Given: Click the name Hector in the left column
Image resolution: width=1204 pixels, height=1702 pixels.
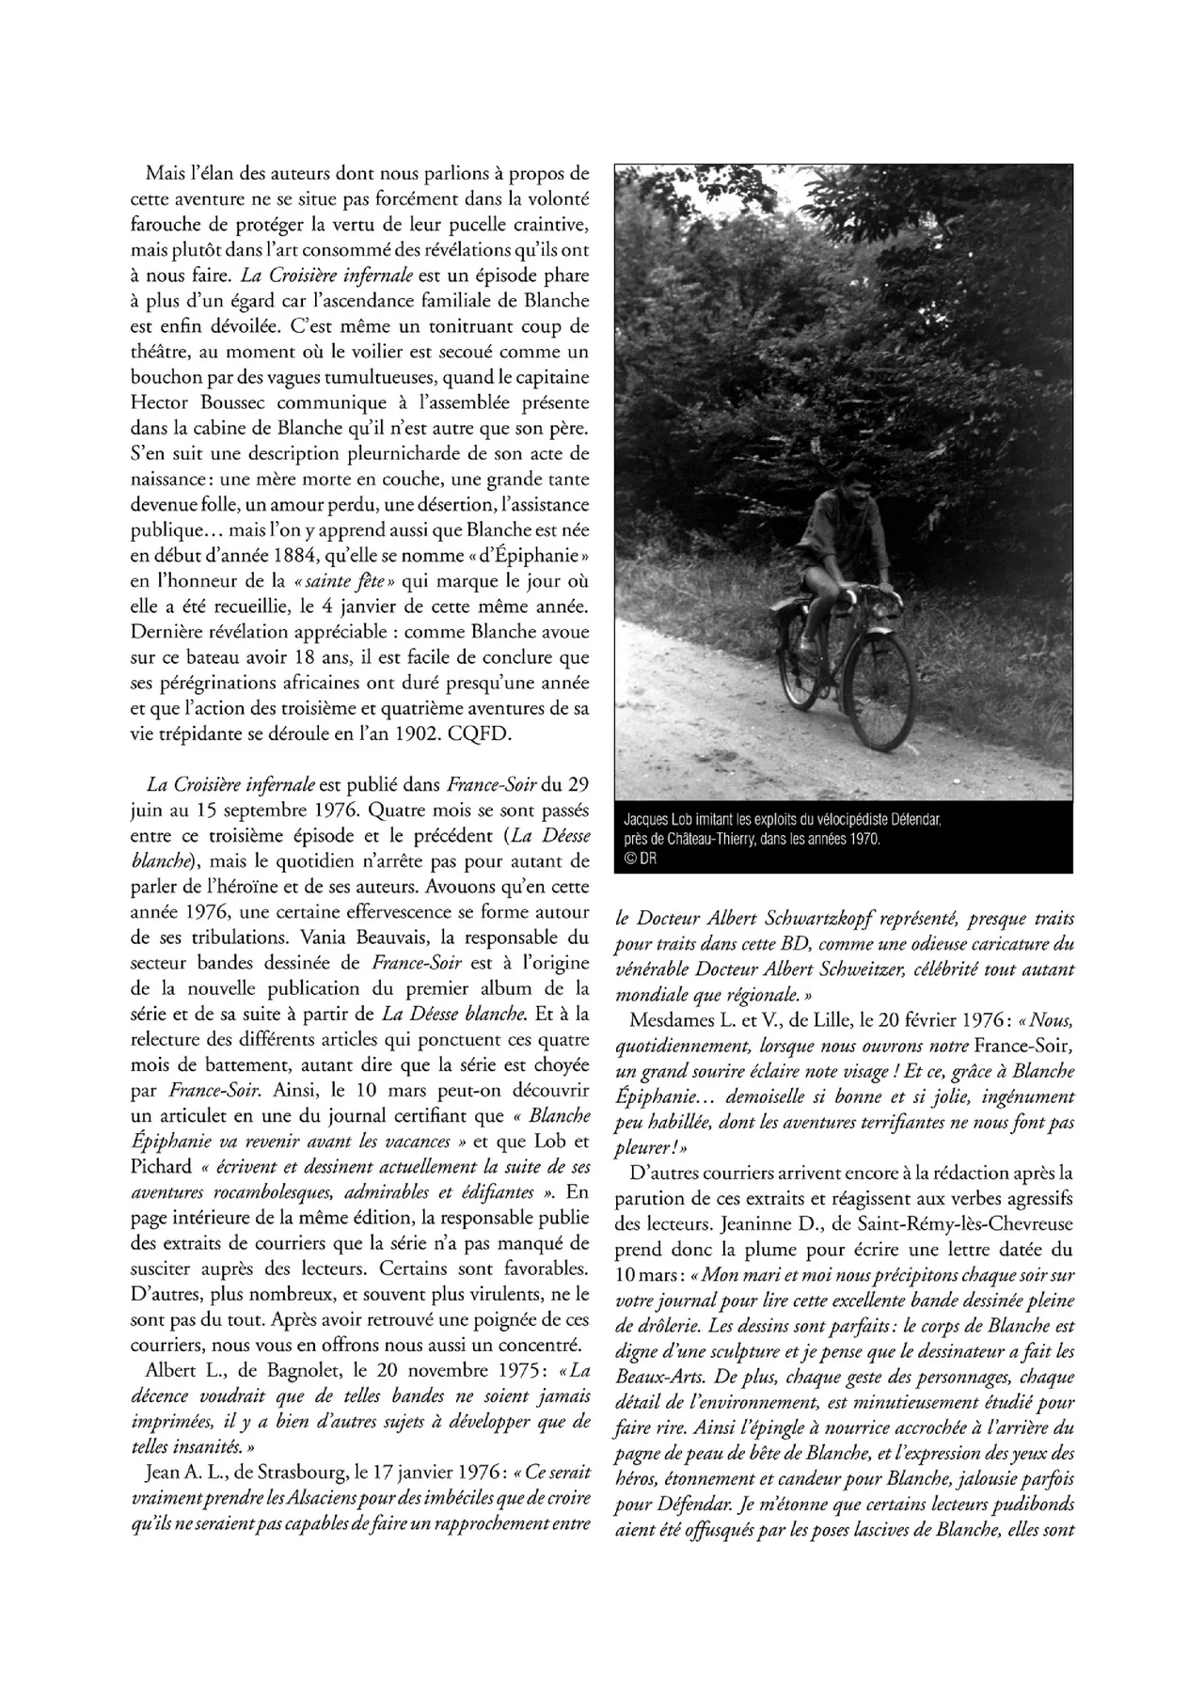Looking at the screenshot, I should point(163,402).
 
